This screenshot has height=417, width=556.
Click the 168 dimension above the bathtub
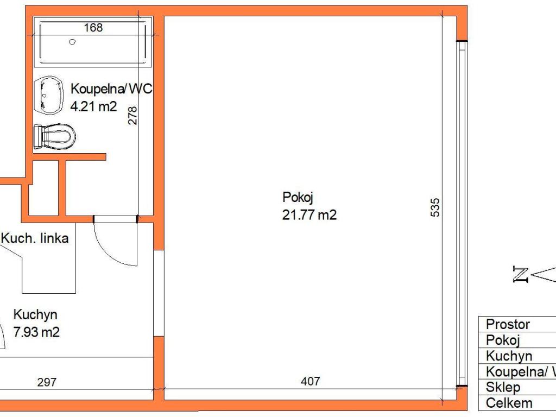[93, 27]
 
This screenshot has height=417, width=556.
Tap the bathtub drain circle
[72, 42]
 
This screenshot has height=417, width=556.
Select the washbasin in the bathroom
[49, 95]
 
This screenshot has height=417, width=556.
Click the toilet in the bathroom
[55, 136]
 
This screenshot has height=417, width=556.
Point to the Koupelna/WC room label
[111, 89]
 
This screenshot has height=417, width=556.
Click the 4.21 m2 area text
[93, 106]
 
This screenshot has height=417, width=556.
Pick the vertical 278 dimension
[132, 116]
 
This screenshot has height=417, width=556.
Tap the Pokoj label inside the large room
[298, 198]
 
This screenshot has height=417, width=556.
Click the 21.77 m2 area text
[309, 215]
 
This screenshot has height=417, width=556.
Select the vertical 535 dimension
[435, 207]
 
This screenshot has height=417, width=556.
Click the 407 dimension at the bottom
[310, 381]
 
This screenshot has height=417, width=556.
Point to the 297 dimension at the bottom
[47, 382]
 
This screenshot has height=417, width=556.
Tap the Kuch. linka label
[35, 238]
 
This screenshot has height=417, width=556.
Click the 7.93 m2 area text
[36, 332]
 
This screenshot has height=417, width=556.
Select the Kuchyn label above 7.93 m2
[35, 315]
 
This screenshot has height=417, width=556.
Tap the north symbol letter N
[520, 274]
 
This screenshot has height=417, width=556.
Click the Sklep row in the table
[517, 387]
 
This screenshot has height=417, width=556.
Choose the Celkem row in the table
[517, 403]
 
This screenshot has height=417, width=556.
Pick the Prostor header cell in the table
[517, 324]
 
